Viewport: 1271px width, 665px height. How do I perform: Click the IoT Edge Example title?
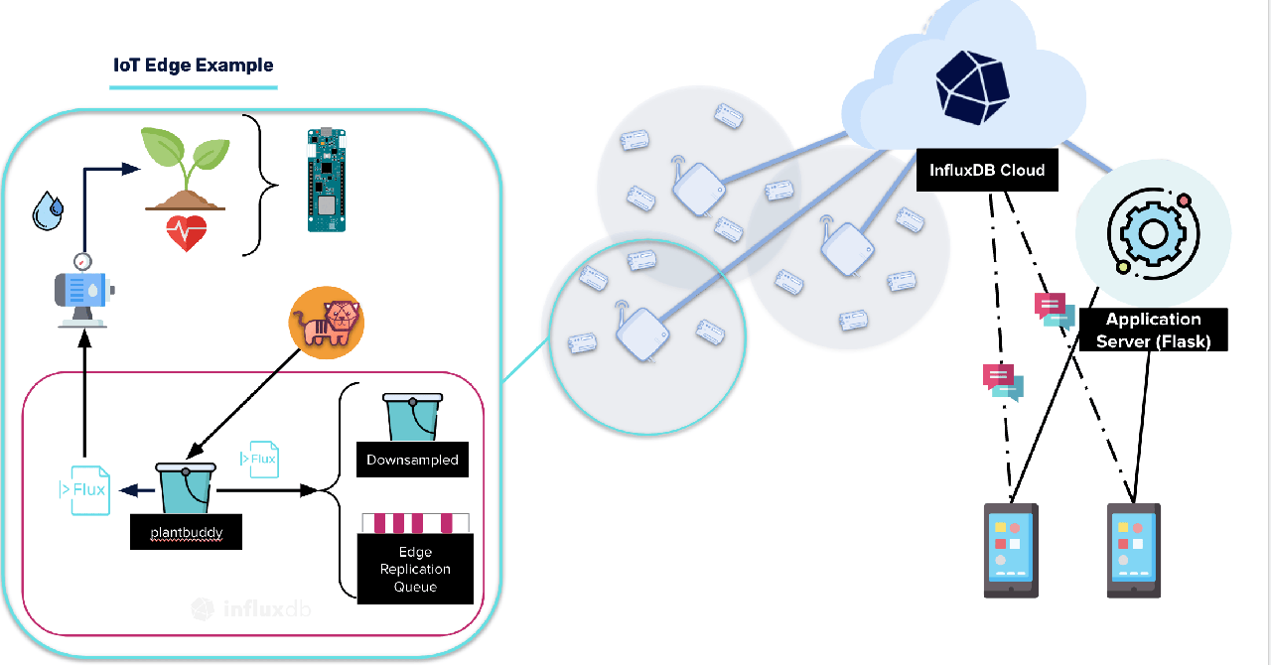(x=194, y=66)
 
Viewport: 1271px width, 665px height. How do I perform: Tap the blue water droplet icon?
(x=47, y=210)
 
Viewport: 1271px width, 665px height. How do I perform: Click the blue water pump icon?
(x=82, y=292)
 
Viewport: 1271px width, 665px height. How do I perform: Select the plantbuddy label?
(x=187, y=533)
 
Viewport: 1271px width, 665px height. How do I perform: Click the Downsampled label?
(x=412, y=460)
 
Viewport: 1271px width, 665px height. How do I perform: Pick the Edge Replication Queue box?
(x=415, y=569)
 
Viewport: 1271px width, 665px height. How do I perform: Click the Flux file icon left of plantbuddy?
(x=83, y=489)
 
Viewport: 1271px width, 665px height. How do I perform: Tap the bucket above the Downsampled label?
(x=411, y=417)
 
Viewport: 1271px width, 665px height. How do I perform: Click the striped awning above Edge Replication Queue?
(x=416, y=523)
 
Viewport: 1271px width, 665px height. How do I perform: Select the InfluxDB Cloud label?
(x=987, y=170)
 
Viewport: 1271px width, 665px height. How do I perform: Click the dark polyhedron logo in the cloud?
(x=973, y=85)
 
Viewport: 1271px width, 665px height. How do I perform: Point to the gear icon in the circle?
(x=1152, y=232)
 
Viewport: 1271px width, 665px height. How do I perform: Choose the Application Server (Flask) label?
(x=1153, y=330)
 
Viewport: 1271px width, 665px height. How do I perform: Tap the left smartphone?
(x=1011, y=549)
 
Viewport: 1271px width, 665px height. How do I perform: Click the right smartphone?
(x=1134, y=549)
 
